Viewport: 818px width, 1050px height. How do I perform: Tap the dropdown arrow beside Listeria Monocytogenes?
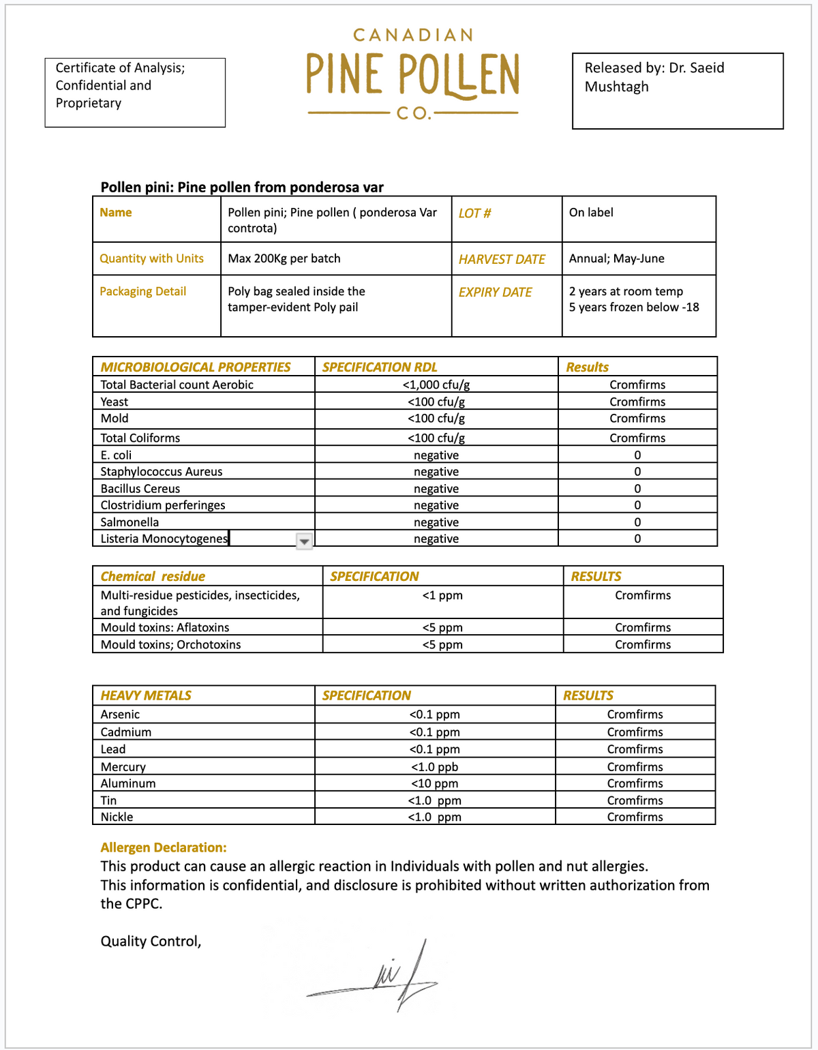(x=304, y=541)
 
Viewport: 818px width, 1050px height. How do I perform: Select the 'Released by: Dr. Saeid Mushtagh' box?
(x=678, y=91)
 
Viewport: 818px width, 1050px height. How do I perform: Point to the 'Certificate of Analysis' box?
(x=135, y=92)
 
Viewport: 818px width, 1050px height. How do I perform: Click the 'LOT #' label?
(x=474, y=213)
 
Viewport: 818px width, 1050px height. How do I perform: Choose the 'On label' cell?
(x=591, y=213)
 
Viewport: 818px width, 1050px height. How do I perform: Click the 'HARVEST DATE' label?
(x=502, y=259)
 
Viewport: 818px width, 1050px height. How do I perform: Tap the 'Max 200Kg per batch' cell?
(x=284, y=258)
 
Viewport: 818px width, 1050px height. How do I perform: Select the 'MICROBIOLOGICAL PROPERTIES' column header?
(x=196, y=367)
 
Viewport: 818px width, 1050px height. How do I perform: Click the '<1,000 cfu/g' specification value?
(x=436, y=385)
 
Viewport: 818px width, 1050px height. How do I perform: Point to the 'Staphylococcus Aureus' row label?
(x=162, y=472)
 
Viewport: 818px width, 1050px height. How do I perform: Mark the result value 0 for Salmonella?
(x=637, y=522)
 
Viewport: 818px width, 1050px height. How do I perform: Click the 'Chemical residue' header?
(x=153, y=576)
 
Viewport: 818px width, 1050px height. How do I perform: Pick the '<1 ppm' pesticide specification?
(x=442, y=595)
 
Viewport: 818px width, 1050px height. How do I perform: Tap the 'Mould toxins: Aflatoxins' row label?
(x=165, y=627)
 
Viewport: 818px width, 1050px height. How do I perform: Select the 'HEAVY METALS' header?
(x=146, y=695)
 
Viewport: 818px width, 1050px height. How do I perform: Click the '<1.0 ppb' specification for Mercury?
(x=435, y=767)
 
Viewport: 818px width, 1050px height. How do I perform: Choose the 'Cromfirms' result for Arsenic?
(x=635, y=715)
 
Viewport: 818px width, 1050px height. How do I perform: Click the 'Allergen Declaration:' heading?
(x=164, y=847)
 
